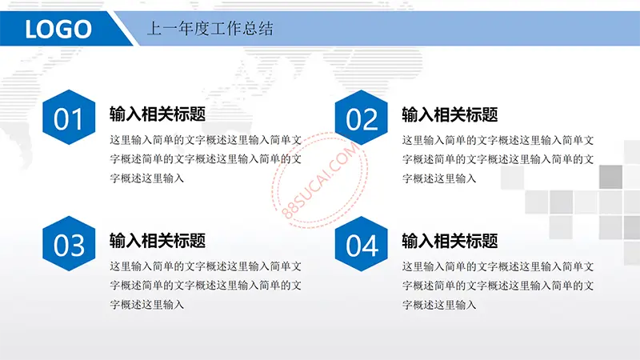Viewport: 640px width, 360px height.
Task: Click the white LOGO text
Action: click(x=58, y=29)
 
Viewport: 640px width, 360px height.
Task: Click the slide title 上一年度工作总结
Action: click(x=210, y=29)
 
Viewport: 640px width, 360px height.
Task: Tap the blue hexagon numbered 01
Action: click(x=69, y=117)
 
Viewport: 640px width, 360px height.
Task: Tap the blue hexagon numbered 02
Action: click(x=362, y=118)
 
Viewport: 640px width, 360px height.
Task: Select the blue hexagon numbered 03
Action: click(x=69, y=244)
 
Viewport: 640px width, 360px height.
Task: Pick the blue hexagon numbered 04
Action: click(x=362, y=244)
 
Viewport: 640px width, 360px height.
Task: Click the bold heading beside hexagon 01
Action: click(x=158, y=114)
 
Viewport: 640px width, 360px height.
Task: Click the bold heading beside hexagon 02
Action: click(x=450, y=114)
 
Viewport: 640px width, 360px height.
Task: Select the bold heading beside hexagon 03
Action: click(x=158, y=241)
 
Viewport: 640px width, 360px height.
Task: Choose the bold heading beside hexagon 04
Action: click(x=450, y=242)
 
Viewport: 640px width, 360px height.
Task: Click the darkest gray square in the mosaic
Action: click(x=610, y=177)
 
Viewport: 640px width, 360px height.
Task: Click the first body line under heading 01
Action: click(x=206, y=140)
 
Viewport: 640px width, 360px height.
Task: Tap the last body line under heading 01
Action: click(x=147, y=178)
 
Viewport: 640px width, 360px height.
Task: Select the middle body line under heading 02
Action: click(x=498, y=159)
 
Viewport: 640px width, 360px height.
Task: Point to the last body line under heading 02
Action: click(x=439, y=178)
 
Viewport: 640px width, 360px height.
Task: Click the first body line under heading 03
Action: click(x=206, y=266)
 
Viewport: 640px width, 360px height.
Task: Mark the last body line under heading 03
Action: click(x=147, y=305)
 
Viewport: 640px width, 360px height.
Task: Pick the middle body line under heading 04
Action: click(x=498, y=286)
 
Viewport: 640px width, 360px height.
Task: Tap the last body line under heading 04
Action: click(x=439, y=306)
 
